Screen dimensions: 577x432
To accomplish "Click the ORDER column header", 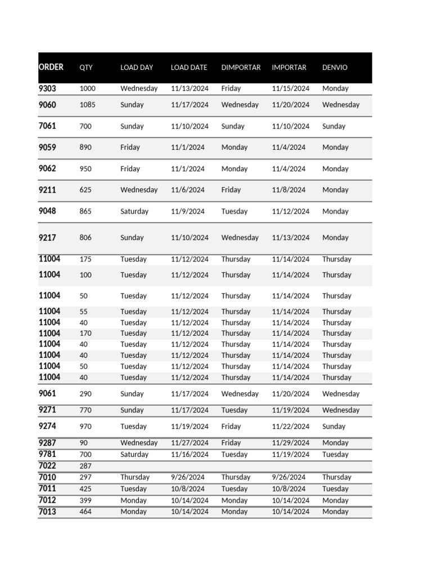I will click(x=51, y=67).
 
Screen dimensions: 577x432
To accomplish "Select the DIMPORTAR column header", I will click(x=241, y=68).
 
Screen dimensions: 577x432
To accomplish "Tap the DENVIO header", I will click(x=335, y=68).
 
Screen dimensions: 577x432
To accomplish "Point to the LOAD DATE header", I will click(x=189, y=68).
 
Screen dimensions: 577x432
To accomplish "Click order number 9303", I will click(x=47, y=88).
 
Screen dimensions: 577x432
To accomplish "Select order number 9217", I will click(x=47, y=238).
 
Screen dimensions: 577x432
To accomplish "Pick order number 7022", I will click(x=47, y=466).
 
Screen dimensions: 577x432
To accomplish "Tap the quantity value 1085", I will click(x=88, y=105).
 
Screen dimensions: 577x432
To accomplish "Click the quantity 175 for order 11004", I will click(x=85, y=260).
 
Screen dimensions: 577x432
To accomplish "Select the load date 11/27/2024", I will click(x=190, y=443).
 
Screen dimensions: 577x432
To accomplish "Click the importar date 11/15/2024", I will click(x=290, y=88).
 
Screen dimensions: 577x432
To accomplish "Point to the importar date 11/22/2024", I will click(x=290, y=427).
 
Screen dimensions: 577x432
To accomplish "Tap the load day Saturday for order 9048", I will click(x=134, y=212).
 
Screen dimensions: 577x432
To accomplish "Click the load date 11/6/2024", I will click(x=187, y=190).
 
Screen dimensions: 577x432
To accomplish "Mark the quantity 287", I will click(x=85, y=466).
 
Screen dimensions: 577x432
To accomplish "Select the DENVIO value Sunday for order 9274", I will click(x=334, y=427).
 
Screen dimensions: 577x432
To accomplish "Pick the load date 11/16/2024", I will click(x=190, y=454).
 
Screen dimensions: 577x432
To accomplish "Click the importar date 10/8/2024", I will click(x=289, y=489).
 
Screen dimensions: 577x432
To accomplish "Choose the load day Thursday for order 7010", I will click(x=135, y=477).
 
